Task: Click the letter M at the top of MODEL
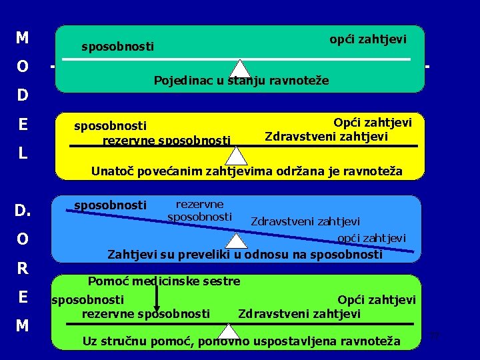(x=22, y=38)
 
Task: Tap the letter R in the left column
(x=23, y=269)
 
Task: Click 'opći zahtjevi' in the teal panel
(x=367, y=40)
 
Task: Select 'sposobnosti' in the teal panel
(x=117, y=47)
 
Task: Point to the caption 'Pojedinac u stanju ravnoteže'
(x=241, y=81)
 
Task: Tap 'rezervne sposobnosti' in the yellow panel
(x=166, y=140)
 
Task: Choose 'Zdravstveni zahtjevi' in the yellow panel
(x=326, y=137)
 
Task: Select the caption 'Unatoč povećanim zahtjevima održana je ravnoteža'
(x=247, y=171)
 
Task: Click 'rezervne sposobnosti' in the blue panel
(x=199, y=211)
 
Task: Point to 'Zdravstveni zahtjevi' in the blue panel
(x=305, y=221)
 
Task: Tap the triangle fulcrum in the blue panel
(x=237, y=241)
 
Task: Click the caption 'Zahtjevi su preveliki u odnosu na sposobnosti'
(x=245, y=255)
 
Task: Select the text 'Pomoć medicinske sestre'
(x=164, y=281)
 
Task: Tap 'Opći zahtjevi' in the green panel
(x=377, y=301)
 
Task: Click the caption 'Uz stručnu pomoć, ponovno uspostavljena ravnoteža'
(x=241, y=342)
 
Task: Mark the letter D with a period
(x=23, y=211)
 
